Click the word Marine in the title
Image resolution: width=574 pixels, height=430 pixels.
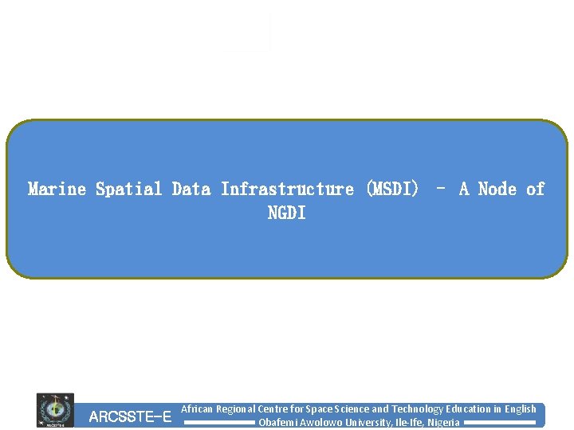57,190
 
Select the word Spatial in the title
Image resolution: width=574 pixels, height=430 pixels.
129,190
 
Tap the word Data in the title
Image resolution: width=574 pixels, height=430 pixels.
191,190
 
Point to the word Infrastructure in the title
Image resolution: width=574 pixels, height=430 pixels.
287,190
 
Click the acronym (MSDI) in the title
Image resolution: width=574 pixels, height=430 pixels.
391,190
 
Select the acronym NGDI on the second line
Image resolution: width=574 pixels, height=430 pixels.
286,213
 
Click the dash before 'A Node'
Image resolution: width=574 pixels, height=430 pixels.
441,190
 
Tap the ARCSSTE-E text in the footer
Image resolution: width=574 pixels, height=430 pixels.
130,416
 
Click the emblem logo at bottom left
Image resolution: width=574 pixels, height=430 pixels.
55,410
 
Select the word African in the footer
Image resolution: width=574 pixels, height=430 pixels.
197,408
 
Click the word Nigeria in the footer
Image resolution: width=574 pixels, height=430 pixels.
443,422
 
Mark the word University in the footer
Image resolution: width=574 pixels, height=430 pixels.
363,422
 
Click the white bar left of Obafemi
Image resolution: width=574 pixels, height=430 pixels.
219,423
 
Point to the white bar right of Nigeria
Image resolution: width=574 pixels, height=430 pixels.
499,423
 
